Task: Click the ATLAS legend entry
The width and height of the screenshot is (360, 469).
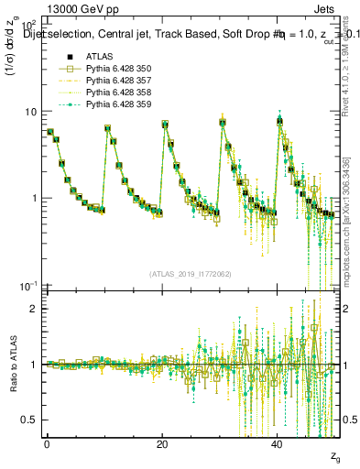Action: pyautogui.click(x=98, y=57)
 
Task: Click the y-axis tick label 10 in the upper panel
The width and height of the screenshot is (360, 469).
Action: pyautogui.click(x=30, y=112)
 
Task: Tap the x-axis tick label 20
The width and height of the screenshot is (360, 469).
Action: pyautogui.click(x=162, y=444)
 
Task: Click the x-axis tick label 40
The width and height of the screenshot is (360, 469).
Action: pyautogui.click(x=278, y=444)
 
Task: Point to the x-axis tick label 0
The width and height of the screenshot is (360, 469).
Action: pyautogui.click(x=47, y=444)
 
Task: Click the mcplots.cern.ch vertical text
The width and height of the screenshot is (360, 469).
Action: pyautogui.click(x=351, y=220)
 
